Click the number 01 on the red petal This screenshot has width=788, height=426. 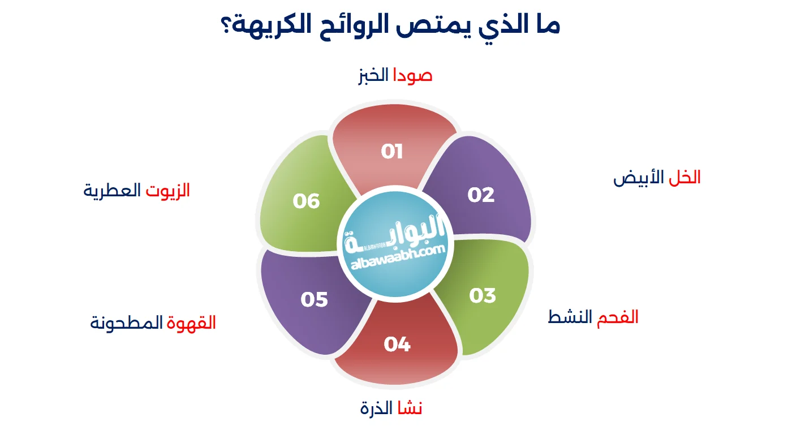(391, 152)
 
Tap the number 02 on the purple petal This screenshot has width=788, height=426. (481, 195)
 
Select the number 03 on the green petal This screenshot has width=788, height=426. (483, 295)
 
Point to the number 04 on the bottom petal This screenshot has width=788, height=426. (397, 344)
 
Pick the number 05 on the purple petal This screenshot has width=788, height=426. (314, 300)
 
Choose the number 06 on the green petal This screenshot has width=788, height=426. (306, 201)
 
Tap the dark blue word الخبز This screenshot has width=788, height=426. (373, 76)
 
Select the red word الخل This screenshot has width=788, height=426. (684, 177)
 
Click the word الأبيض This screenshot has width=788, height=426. (639, 178)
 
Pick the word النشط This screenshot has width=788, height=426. (570, 317)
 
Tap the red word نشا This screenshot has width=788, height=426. (410, 408)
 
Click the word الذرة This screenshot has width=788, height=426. (376, 408)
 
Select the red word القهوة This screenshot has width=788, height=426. (191, 322)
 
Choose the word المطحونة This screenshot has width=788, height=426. (126, 322)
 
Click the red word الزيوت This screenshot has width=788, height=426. (168, 191)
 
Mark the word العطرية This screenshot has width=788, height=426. (112, 191)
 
